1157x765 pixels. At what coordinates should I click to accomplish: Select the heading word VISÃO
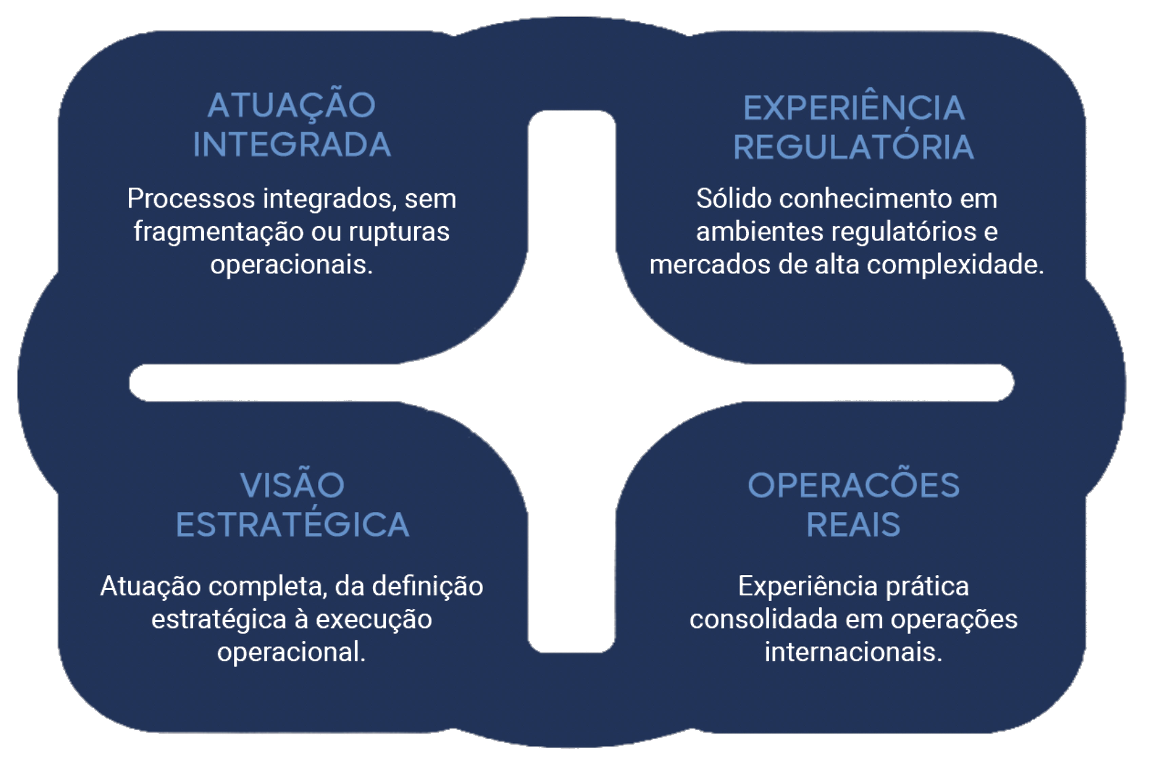(292, 485)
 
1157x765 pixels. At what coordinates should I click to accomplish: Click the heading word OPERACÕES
(854, 485)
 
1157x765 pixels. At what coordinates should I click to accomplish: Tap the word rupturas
(399, 232)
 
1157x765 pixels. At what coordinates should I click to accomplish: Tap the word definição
(427, 586)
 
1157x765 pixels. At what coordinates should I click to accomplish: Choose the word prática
(927, 586)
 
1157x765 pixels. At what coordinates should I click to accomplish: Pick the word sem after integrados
(430, 199)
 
